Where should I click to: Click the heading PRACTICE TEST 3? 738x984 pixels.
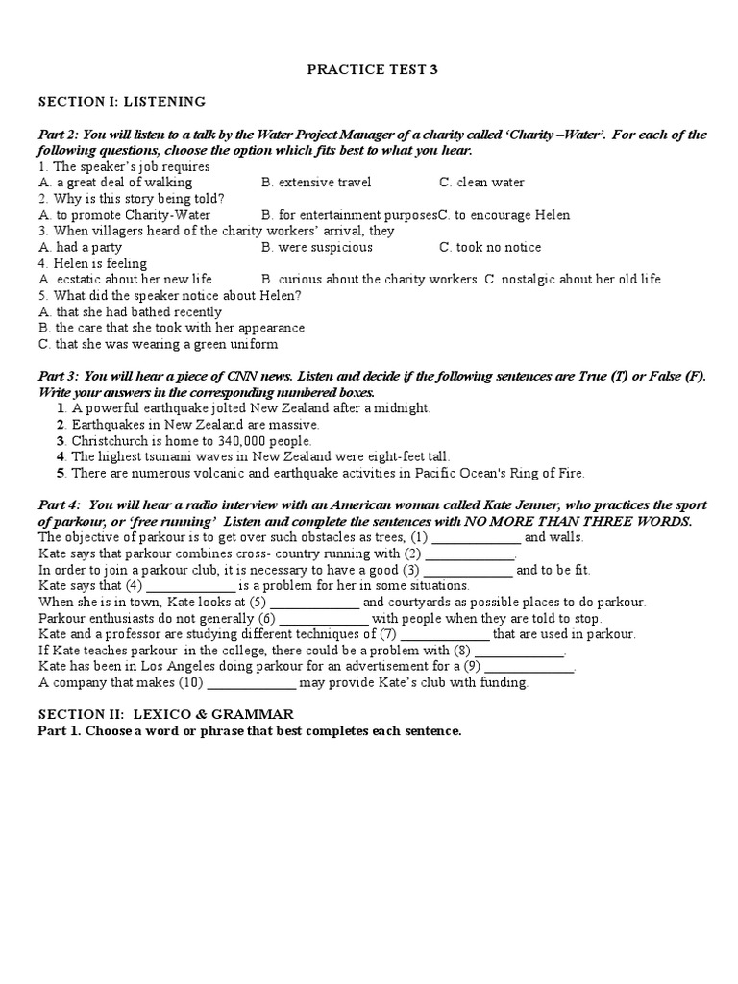tap(370, 69)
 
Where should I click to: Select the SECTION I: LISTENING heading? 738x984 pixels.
tap(121, 101)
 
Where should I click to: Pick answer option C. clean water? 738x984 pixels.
tap(481, 182)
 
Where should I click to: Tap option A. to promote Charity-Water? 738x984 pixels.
tap(124, 214)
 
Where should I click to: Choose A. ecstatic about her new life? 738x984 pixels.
tap(125, 280)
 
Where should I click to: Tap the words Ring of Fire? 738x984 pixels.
tap(545, 473)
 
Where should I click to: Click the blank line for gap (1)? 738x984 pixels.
tap(477, 538)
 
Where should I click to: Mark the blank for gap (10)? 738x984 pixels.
tap(252, 683)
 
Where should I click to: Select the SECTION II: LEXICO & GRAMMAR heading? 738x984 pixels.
tap(166, 715)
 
